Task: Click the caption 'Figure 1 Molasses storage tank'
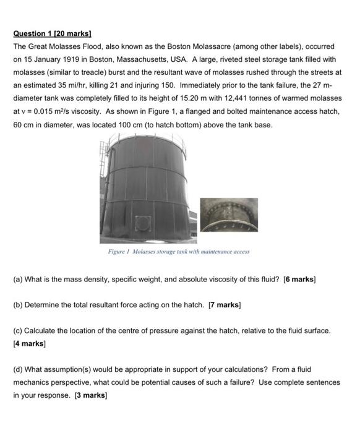pyautogui.click(x=179, y=252)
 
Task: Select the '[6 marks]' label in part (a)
pyautogui.click(x=299, y=279)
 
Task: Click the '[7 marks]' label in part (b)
pyautogui.click(x=225, y=305)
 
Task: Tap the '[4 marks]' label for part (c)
pyautogui.click(x=29, y=343)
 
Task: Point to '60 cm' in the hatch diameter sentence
pyautogui.click(x=22, y=124)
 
